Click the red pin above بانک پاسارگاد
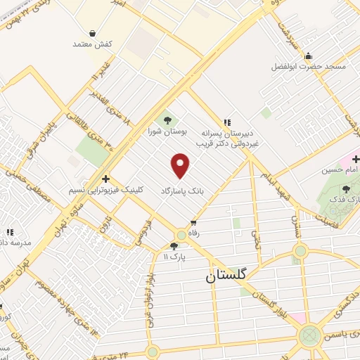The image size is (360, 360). [181, 165]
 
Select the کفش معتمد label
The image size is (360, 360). [92, 44]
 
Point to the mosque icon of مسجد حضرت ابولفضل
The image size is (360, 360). [307, 56]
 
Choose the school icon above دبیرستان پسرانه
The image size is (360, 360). [226, 121]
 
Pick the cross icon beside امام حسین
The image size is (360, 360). [356, 158]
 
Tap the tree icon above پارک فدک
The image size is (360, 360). [345, 189]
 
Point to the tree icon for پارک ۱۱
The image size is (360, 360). [174, 246]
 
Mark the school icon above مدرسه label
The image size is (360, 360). [10, 231]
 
